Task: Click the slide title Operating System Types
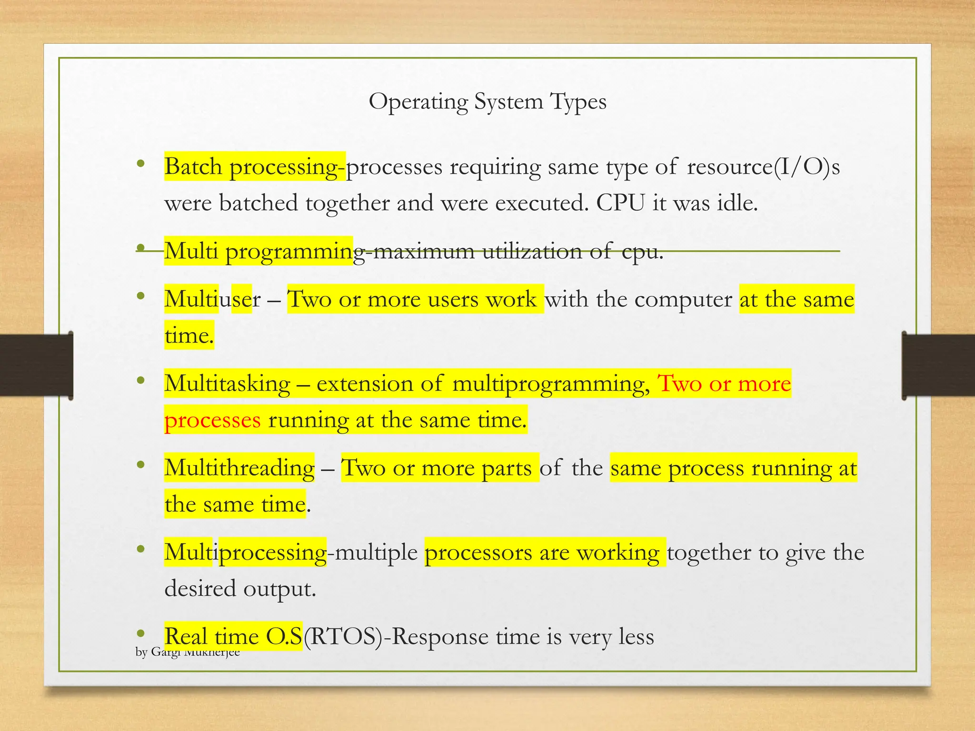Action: tap(487, 102)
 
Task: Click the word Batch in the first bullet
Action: tap(193, 167)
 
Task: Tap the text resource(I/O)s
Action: tap(763, 167)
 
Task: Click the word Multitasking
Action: tap(227, 384)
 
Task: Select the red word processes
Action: tap(212, 420)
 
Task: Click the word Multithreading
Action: tap(239, 468)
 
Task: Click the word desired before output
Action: tap(200, 589)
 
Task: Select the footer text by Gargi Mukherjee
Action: tap(188, 652)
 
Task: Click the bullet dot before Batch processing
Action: tap(140, 164)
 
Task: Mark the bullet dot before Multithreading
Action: tap(140, 465)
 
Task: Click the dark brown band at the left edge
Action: tap(36, 365)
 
